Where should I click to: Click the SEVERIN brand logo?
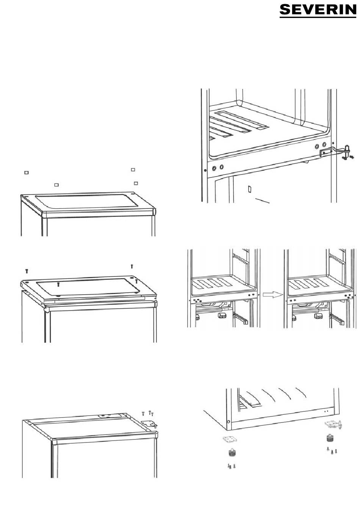pyautogui.click(x=318, y=11)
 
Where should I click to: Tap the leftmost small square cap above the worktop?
pyautogui.click(x=26, y=173)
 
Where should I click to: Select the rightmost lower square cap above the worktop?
pyautogui.click(x=136, y=183)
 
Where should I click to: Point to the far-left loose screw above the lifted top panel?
pyautogui.click(x=27, y=271)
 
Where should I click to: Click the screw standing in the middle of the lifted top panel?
pyautogui.click(x=58, y=284)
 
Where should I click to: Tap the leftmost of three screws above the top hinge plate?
pyautogui.click(x=143, y=413)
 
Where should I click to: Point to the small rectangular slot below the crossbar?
pyautogui.click(x=250, y=188)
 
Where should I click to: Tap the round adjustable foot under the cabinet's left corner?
pyautogui.click(x=230, y=453)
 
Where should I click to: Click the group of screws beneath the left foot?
pyautogui.click(x=231, y=466)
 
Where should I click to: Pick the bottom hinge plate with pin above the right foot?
pyautogui.click(x=333, y=424)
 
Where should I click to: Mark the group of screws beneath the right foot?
pyautogui.click(x=332, y=451)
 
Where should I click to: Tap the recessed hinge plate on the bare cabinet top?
pyautogui.click(x=108, y=416)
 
